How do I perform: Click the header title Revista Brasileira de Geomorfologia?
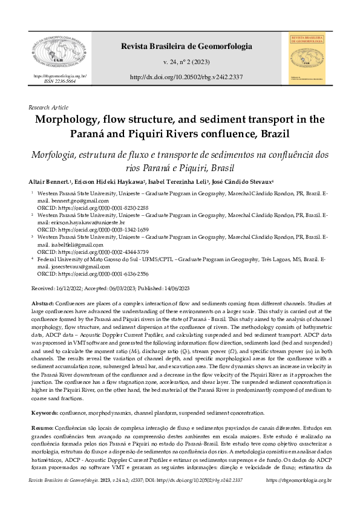187,46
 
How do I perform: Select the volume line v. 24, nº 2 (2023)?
187,62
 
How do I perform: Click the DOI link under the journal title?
187,78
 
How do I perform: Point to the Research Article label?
48,107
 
